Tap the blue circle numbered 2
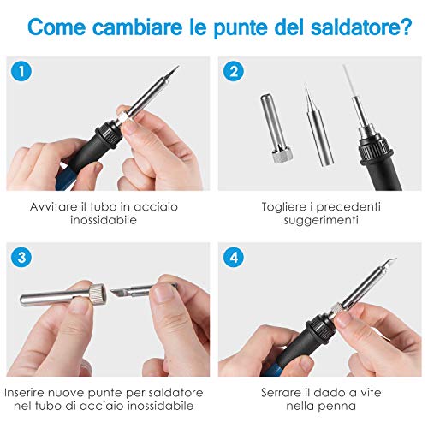pos(233,71)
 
